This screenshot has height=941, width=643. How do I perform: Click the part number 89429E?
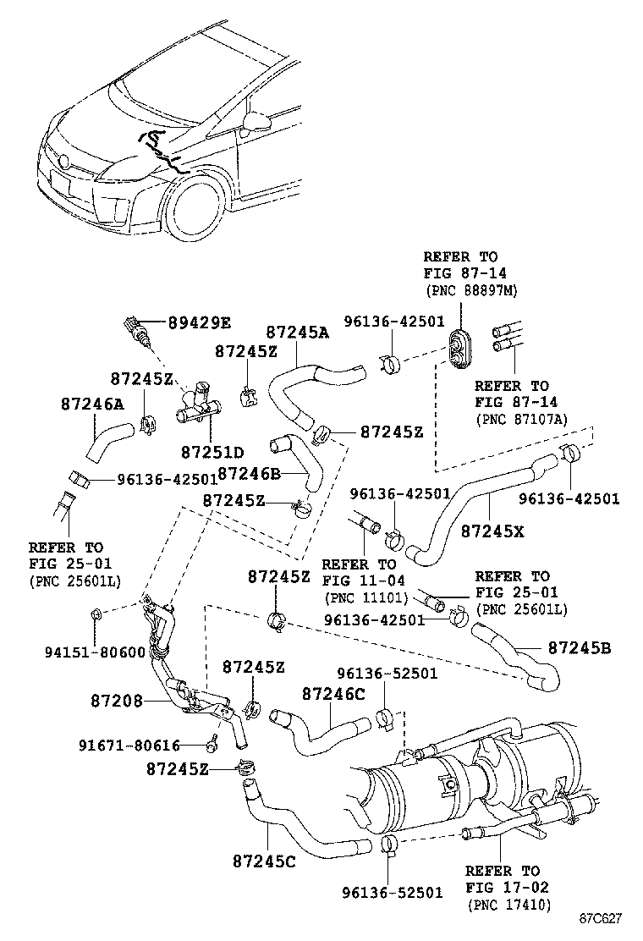(x=199, y=322)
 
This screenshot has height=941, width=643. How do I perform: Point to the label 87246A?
(x=92, y=404)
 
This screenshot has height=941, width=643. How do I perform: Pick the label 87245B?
(x=580, y=648)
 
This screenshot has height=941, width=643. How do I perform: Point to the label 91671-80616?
(x=129, y=745)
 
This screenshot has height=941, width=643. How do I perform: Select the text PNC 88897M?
(x=471, y=290)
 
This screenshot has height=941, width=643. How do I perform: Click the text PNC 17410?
(x=508, y=905)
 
